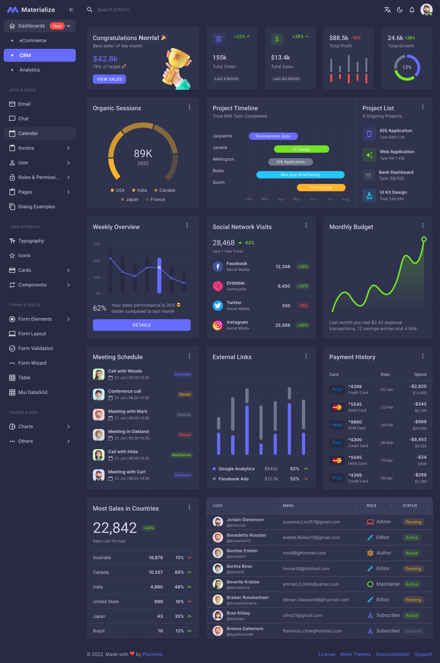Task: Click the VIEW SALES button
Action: (109, 79)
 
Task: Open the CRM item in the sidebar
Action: (40, 55)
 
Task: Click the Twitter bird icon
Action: (217, 305)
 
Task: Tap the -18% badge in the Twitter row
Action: (303, 305)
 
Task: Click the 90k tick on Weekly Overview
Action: (97, 244)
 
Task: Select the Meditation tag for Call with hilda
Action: (181, 455)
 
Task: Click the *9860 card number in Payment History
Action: (355, 422)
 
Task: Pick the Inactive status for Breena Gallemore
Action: (413, 631)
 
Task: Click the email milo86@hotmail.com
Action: (304, 553)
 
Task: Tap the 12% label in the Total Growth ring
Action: (407, 67)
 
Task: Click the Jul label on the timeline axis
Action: (330, 199)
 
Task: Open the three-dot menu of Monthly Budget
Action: (423, 226)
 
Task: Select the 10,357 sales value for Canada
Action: (156, 572)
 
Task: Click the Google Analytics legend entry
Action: (236, 469)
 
